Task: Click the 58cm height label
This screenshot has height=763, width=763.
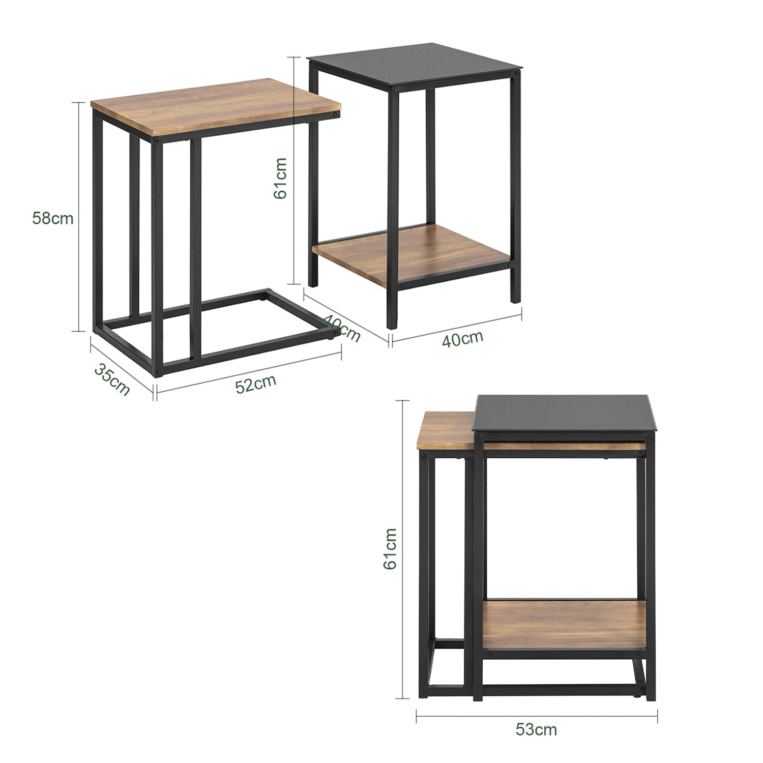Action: coord(52,219)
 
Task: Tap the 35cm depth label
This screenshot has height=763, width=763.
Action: coord(112,379)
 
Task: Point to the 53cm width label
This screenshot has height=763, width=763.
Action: coord(536,729)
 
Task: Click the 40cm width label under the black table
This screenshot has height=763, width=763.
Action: coord(462,338)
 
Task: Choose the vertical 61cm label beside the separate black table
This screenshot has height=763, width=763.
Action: coord(281,178)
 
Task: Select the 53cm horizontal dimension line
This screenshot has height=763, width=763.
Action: coord(536,716)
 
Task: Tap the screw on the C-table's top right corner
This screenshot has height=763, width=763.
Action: coord(334,115)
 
